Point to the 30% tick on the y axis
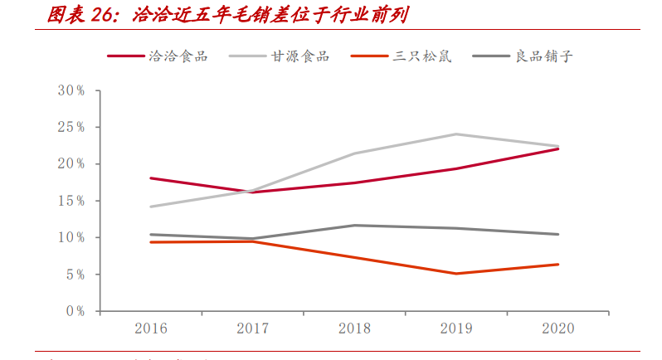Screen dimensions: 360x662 (71, 90)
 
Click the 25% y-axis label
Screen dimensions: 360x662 (71, 127)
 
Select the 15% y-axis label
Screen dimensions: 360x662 (71, 201)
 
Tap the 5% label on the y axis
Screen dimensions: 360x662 (75, 275)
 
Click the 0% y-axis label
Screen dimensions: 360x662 (75, 311)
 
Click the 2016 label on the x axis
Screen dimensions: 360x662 (150, 328)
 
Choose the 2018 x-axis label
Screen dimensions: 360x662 (354, 328)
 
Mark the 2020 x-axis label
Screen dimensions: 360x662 (557, 328)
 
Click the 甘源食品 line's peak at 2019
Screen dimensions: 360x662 (456, 134)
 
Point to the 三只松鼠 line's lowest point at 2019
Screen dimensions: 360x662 (456, 274)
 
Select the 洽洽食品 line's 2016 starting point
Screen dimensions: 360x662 (150, 178)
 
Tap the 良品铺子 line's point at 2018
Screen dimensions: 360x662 (354, 225)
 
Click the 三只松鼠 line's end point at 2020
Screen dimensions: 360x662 (557, 265)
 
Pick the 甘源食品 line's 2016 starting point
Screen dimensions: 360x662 (150, 207)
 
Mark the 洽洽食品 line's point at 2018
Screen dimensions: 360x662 (354, 182)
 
